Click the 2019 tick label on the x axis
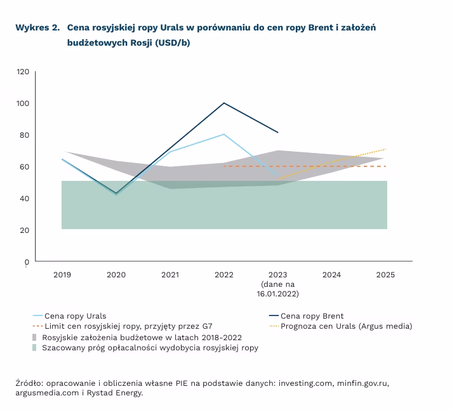pos(62,275)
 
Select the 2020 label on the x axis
pos(116,275)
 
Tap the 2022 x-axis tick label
pos(224,275)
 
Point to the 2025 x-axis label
pos(385,275)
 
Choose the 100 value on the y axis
pos(23,103)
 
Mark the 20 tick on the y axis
pos(25,230)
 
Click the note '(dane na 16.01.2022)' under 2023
pos(278,289)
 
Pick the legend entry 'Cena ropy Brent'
pos(312,315)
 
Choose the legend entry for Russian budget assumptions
pos(142,337)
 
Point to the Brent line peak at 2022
pos(224,103)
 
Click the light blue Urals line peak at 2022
pos(224,134)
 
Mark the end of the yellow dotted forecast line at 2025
pos(386,149)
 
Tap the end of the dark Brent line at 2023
pos(278,133)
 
